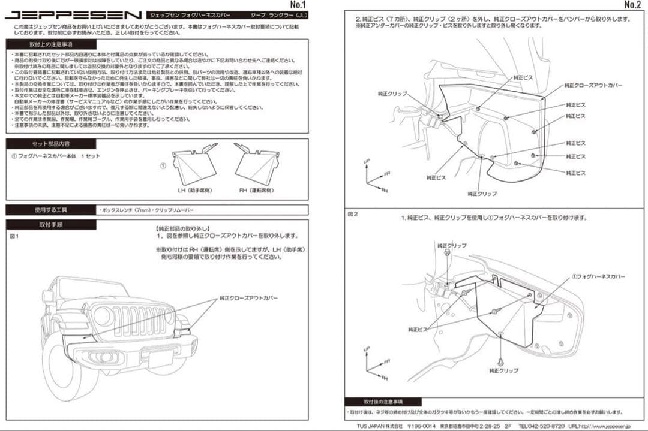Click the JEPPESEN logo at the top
tap(74, 14)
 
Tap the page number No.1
tap(296, 5)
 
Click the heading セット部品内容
tap(51, 144)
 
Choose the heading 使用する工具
tap(50, 210)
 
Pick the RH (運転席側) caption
tap(257, 190)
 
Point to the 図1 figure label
tap(14, 236)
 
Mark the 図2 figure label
tap(353, 213)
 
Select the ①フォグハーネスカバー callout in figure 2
tap(598, 276)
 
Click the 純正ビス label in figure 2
tap(418, 329)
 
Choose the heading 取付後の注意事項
tap(383, 401)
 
